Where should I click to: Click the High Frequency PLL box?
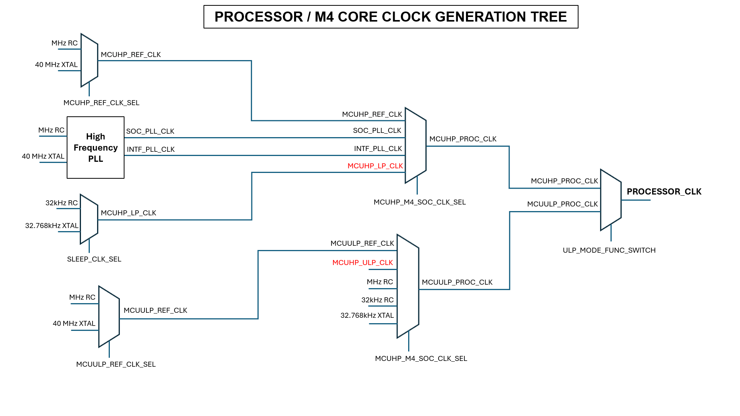(96, 148)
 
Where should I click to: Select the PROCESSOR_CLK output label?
(664, 191)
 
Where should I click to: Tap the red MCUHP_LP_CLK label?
(375, 166)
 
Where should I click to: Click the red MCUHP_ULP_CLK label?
(362, 263)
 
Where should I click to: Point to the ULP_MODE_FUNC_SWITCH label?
(609, 250)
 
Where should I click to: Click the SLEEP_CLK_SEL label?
(94, 259)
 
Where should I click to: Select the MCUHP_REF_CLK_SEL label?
(101, 103)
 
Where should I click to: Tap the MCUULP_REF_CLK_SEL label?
(116, 364)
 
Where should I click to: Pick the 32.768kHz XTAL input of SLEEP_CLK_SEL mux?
(52, 226)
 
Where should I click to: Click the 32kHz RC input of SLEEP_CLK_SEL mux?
(62, 203)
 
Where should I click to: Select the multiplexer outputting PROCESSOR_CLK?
(610, 200)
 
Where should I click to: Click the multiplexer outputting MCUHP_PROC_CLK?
(415, 146)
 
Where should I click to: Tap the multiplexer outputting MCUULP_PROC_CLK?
(408, 286)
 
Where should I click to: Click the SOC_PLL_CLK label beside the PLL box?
(150, 131)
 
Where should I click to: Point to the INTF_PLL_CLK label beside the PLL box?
(151, 149)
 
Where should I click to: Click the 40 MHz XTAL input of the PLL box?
(43, 156)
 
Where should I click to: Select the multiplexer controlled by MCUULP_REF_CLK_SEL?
(109, 317)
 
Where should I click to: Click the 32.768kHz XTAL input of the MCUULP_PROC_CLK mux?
(367, 315)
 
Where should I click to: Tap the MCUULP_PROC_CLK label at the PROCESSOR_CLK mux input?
(562, 204)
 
